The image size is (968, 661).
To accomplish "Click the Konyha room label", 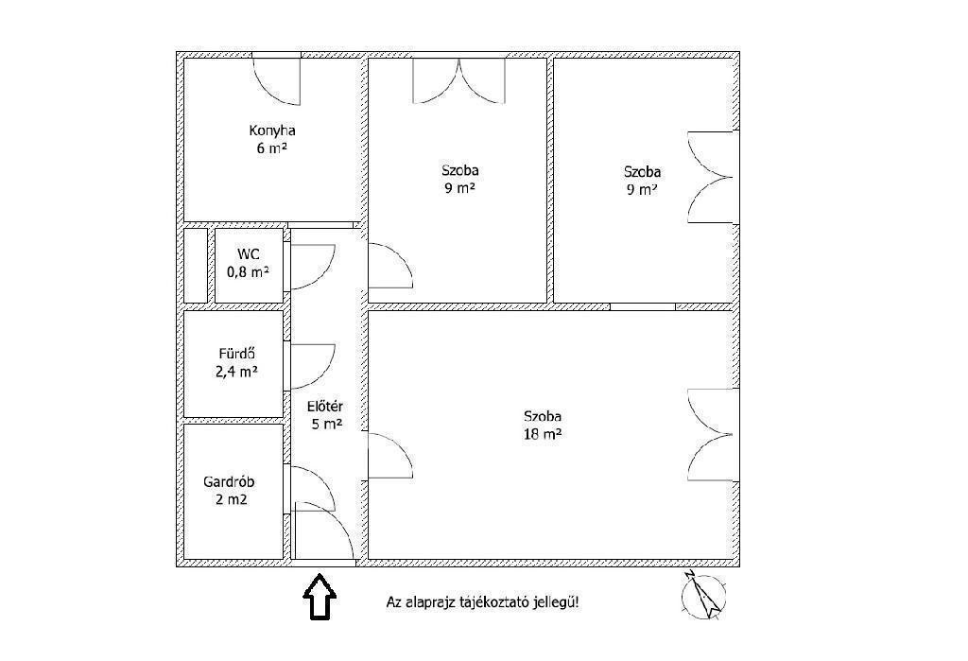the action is coord(272,130).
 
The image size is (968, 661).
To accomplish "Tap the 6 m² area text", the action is coord(272,148).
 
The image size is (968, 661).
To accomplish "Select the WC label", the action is coord(249,253).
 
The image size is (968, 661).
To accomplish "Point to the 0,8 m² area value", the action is coord(249,271).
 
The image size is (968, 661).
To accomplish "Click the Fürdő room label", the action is coord(237,354).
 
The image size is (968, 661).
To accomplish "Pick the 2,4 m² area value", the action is coord(236,372).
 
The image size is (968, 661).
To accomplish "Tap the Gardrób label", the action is coord(229,482).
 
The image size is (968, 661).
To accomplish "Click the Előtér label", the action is coord(325,408).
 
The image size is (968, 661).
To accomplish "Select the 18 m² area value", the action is coord(543,434).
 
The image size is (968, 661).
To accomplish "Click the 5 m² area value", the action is coord(326,425).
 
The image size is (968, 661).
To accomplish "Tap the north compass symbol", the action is coord(703,595).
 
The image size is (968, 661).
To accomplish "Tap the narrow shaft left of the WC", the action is coord(196,266).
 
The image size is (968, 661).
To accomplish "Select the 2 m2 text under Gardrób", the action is coord(232,499).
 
